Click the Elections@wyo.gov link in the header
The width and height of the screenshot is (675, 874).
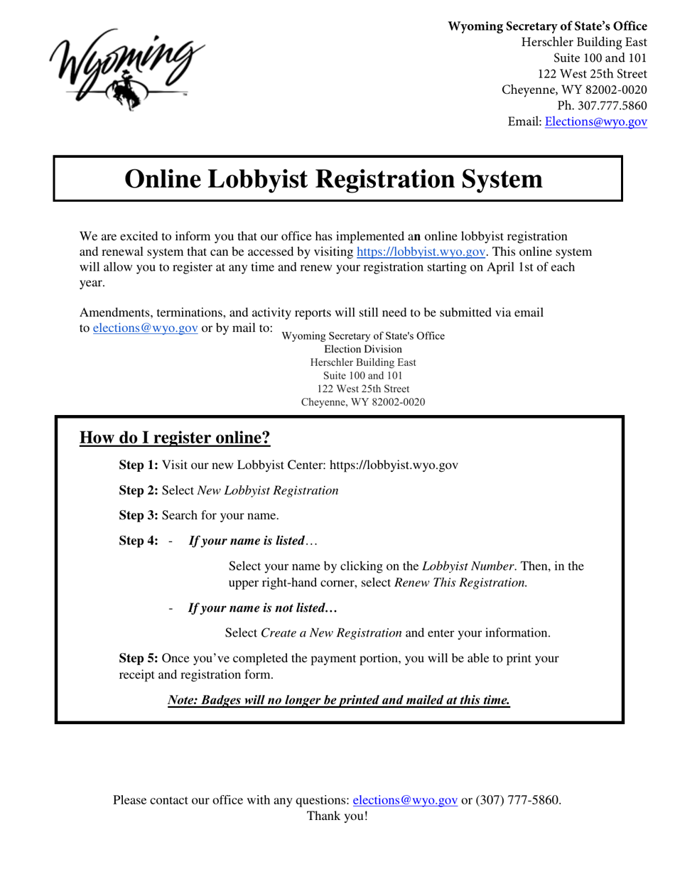tap(595, 122)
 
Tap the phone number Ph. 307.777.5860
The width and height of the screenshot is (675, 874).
tap(602, 106)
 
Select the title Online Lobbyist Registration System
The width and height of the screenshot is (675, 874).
tap(334, 179)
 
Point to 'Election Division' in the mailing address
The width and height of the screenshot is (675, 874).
tap(363, 349)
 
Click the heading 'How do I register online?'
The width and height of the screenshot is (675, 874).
tap(175, 437)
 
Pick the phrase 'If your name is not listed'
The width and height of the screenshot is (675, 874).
tap(262, 608)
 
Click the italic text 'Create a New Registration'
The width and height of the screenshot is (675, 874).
tap(333, 632)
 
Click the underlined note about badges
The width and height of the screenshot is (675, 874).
tap(339, 700)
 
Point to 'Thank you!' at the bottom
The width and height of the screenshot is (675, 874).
tap(337, 816)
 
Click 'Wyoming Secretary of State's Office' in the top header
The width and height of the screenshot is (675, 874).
tap(546, 27)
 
